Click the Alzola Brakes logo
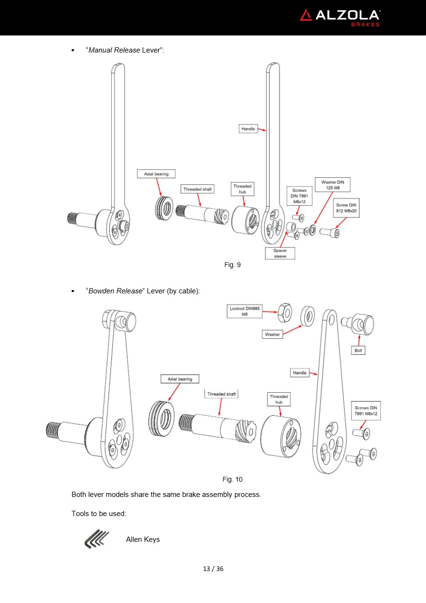[340, 17]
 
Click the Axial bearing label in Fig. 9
[156, 174]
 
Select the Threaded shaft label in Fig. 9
[197, 189]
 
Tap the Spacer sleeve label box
[280, 253]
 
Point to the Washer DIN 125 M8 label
[332, 185]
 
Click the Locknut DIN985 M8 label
[245, 312]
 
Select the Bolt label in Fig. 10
[359, 350]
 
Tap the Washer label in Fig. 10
[272, 334]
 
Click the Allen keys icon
[96, 539]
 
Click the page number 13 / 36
[213, 569]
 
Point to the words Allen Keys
[143, 539]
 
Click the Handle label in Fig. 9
[248, 129]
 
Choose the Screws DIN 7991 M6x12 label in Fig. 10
[366, 410]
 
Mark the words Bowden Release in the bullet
[116, 291]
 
